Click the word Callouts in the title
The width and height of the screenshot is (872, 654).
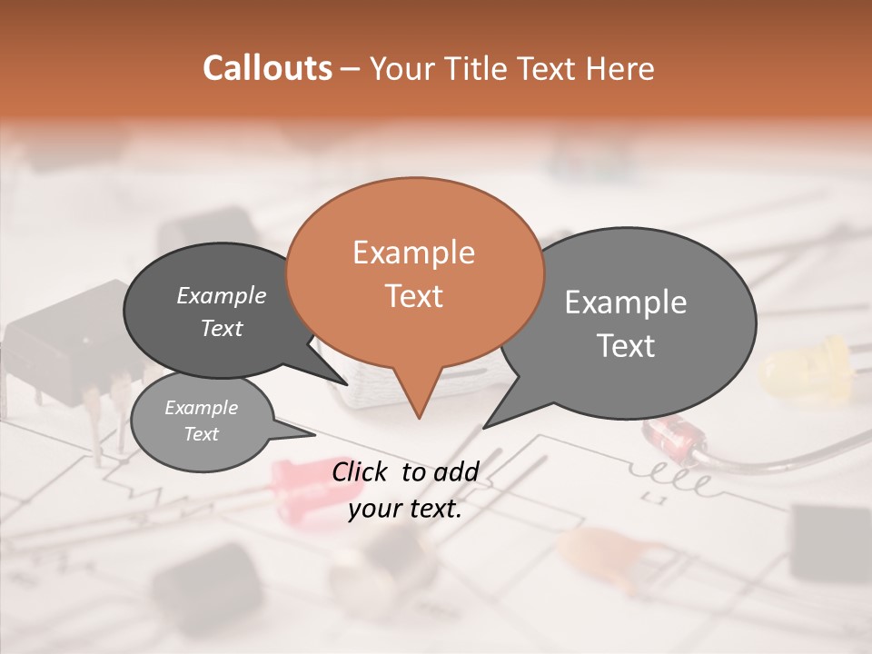coord(267,68)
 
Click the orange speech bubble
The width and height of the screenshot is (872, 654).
coord(414,272)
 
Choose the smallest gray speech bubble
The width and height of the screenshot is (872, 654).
coord(202,421)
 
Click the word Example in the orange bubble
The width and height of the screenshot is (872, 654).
coord(413,253)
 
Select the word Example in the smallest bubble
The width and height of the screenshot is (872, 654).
coord(201,408)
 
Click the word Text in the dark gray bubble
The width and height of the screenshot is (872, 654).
coord(222,329)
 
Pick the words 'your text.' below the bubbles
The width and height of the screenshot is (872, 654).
coord(405,509)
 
